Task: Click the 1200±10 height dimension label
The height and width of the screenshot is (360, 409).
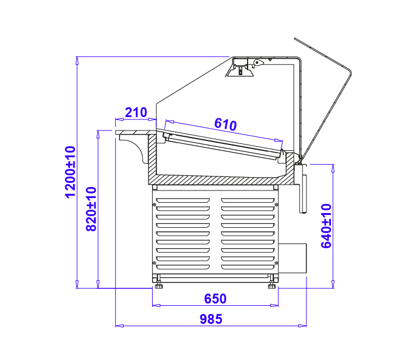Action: (x=70, y=172)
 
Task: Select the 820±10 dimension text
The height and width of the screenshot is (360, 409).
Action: (x=91, y=209)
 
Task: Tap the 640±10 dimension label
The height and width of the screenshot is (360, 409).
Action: (x=326, y=226)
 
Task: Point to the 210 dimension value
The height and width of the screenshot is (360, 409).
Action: (x=136, y=112)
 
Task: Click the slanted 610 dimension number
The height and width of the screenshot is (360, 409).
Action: (x=225, y=124)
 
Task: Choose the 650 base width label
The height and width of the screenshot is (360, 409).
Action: (x=215, y=299)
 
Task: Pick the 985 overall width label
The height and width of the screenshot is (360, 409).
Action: (x=211, y=319)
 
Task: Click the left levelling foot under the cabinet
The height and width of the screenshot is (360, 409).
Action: (x=158, y=284)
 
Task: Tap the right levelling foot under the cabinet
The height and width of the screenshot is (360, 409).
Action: (x=272, y=284)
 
